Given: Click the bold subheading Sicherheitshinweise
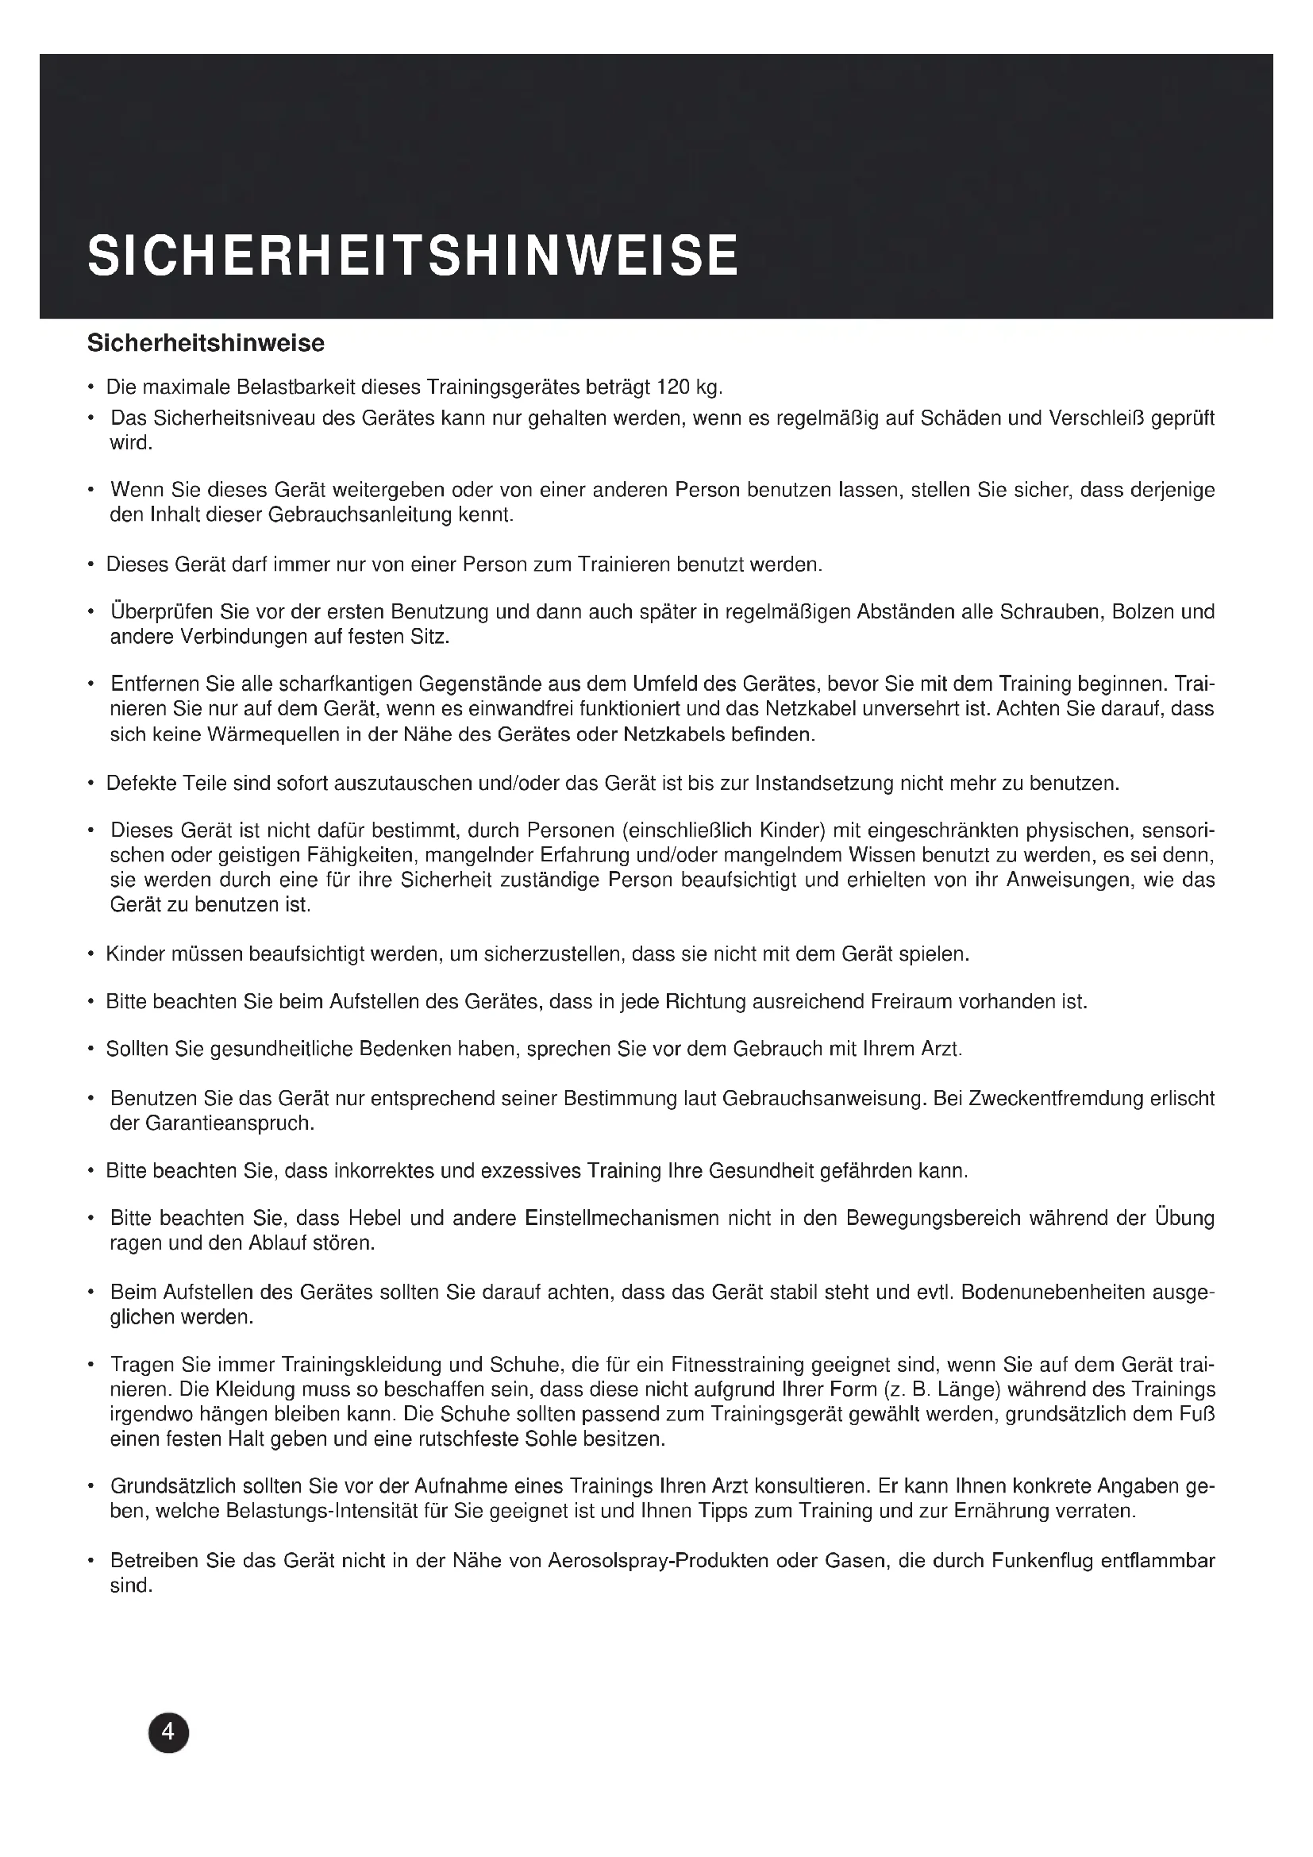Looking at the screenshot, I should click(x=206, y=343).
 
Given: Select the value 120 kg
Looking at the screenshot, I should click(x=689, y=387).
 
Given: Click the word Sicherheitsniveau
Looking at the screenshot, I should click(x=233, y=418).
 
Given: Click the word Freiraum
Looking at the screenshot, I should click(x=911, y=1001).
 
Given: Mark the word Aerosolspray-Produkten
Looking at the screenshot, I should click(x=657, y=1560).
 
